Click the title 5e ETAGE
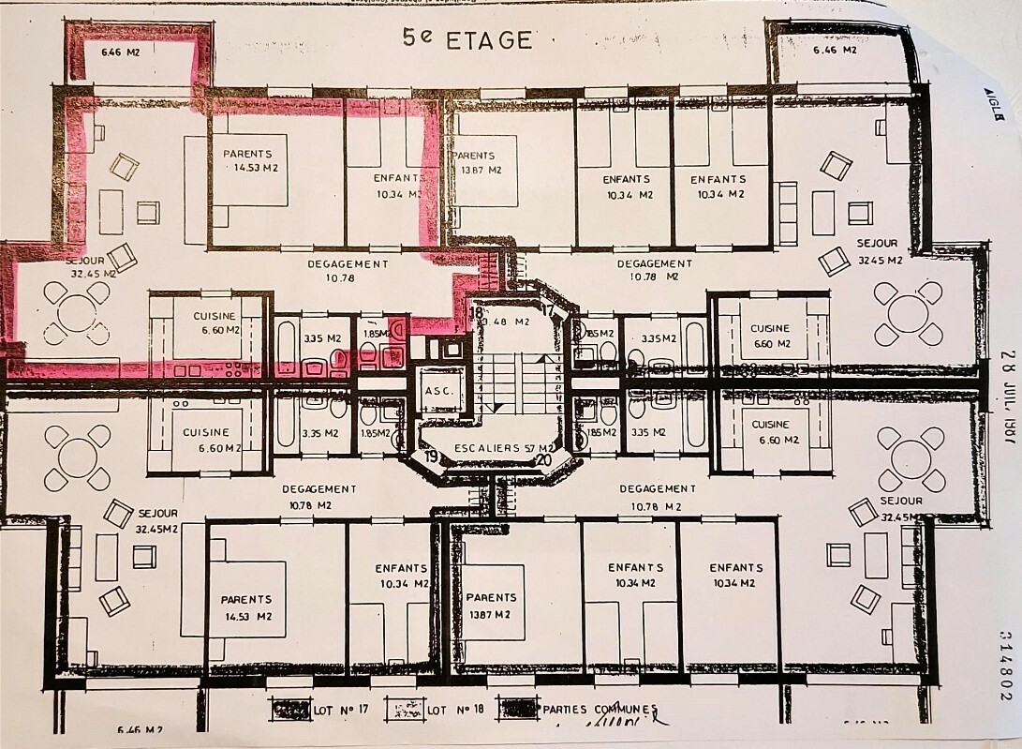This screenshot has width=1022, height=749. click(x=467, y=38)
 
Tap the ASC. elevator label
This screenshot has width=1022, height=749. click(x=439, y=390)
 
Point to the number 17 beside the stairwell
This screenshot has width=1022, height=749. click(x=547, y=311)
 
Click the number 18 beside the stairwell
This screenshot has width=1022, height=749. click(x=477, y=312)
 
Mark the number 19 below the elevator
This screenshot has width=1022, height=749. click(x=431, y=457)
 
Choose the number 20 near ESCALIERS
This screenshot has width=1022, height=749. click(x=543, y=459)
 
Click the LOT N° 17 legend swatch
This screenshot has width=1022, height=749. click(x=291, y=710)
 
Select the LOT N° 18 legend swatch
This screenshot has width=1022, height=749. click(x=405, y=710)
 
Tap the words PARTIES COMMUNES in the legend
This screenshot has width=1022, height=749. click(x=600, y=710)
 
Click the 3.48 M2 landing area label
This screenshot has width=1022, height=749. click(x=509, y=322)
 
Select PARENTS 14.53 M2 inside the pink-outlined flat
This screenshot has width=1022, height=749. click(x=248, y=160)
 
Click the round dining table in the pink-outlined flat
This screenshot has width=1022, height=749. click(x=77, y=312)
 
